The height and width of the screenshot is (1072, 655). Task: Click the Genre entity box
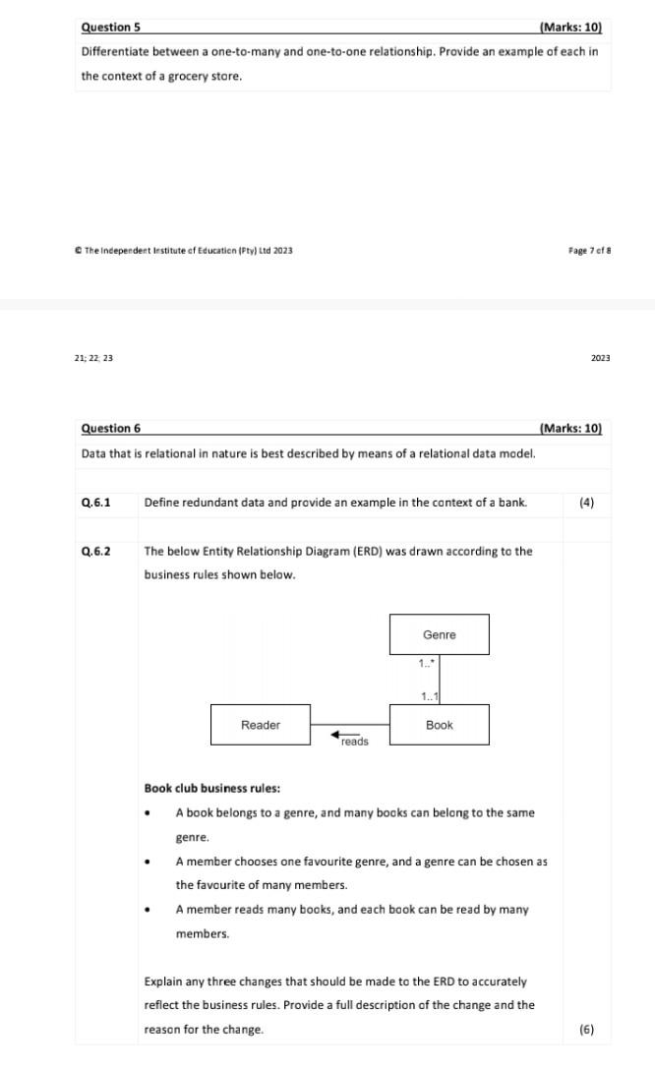click(439, 634)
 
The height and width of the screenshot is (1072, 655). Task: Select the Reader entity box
click(261, 725)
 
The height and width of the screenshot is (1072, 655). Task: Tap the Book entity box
click(439, 725)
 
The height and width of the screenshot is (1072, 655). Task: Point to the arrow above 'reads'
click(344, 734)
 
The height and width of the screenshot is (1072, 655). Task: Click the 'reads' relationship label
click(355, 743)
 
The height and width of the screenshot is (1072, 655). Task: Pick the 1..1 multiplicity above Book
click(429, 697)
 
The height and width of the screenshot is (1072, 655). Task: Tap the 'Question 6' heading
click(111, 428)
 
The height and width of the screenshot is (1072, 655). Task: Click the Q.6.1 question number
click(95, 503)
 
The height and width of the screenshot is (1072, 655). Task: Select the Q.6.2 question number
click(95, 551)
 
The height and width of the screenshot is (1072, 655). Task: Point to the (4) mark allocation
click(586, 503)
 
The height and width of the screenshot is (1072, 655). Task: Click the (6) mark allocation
click(586, 1030)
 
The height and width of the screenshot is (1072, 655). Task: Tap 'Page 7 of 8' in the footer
click(589, 251)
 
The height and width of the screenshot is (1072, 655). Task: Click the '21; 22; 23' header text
click(93, 358)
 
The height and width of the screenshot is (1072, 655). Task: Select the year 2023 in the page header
click(600, 358)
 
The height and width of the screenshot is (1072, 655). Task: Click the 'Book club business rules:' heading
click(211, 788)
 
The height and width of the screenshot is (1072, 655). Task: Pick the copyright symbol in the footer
click(78, 251)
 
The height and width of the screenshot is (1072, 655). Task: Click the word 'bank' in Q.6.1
click(512, 503)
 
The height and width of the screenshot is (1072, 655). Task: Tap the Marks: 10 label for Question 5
click(570, 28)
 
